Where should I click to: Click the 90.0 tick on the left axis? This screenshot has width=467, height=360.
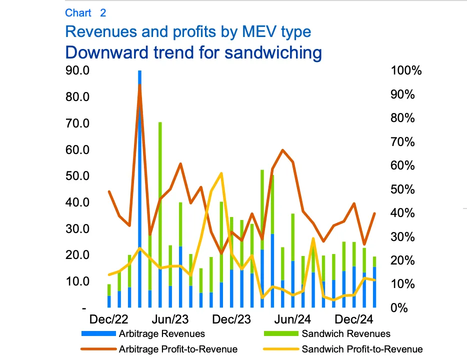coord(77,70)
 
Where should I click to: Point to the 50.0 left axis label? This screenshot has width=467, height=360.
coord(77,176)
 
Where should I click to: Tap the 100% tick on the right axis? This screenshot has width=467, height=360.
coord(406,70)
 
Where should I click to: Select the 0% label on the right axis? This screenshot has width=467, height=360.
coord(399,307)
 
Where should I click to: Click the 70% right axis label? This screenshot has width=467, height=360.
coord(402,141)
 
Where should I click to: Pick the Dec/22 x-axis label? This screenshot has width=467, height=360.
coord(108,319)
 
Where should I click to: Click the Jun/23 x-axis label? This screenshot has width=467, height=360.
coord(170,319)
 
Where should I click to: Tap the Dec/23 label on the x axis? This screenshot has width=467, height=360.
coord(231,319)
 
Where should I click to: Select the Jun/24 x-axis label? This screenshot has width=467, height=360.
coord(292,319)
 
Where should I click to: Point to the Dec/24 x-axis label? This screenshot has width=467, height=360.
coord(354,319)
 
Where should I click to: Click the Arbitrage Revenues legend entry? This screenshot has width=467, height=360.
coord(143,334)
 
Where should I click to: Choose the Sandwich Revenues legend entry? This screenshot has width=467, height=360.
coord(327,334)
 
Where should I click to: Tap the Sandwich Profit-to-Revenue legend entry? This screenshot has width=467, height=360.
coord(343,349)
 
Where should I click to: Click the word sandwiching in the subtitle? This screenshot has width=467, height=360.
coord(273,53)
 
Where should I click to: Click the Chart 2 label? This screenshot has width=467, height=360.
coord(85,13)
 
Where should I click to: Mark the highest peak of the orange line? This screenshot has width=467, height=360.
coord(139,85)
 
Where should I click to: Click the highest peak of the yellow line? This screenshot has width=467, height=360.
coord(221,173)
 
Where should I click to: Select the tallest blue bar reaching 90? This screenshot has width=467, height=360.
coord(139,189)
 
